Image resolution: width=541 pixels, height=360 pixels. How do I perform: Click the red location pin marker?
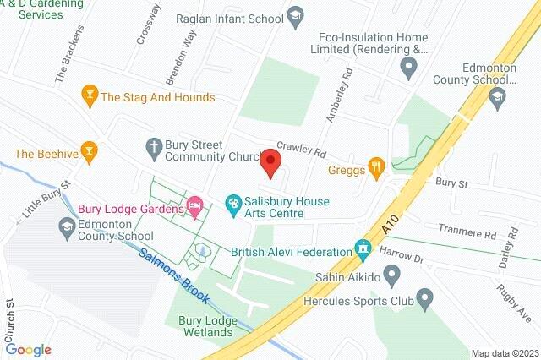click(270, 162)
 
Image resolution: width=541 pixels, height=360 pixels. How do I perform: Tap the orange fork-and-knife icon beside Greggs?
click(378, 166)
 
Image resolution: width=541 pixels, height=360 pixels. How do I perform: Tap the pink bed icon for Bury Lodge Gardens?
click(195, 205)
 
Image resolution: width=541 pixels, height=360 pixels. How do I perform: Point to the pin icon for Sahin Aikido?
click(392, 273)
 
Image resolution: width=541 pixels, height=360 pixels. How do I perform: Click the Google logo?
click(28, 350)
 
